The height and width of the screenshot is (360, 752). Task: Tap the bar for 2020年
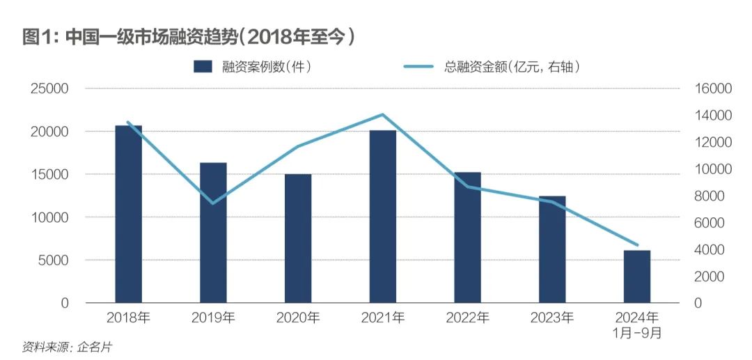point(298,238)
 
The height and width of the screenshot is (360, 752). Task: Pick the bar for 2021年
point(383,217)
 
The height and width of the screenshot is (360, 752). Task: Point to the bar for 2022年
point(467,237)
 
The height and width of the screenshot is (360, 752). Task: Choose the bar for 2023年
point(552,249)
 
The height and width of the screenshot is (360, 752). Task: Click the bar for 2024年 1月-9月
point(636,276)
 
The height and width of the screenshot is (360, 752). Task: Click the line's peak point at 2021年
point(383,114)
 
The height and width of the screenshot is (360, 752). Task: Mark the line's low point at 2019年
point(213,203)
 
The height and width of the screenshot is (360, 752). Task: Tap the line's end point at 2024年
point(636,245)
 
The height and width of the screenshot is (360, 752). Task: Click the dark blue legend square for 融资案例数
point(202,66)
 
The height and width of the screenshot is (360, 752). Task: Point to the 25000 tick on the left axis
point(49,89)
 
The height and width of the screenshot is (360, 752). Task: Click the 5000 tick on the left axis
point(54,260)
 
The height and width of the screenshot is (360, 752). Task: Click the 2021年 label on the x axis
point(383,318)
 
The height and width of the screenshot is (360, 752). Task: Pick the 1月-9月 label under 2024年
point(636,334)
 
